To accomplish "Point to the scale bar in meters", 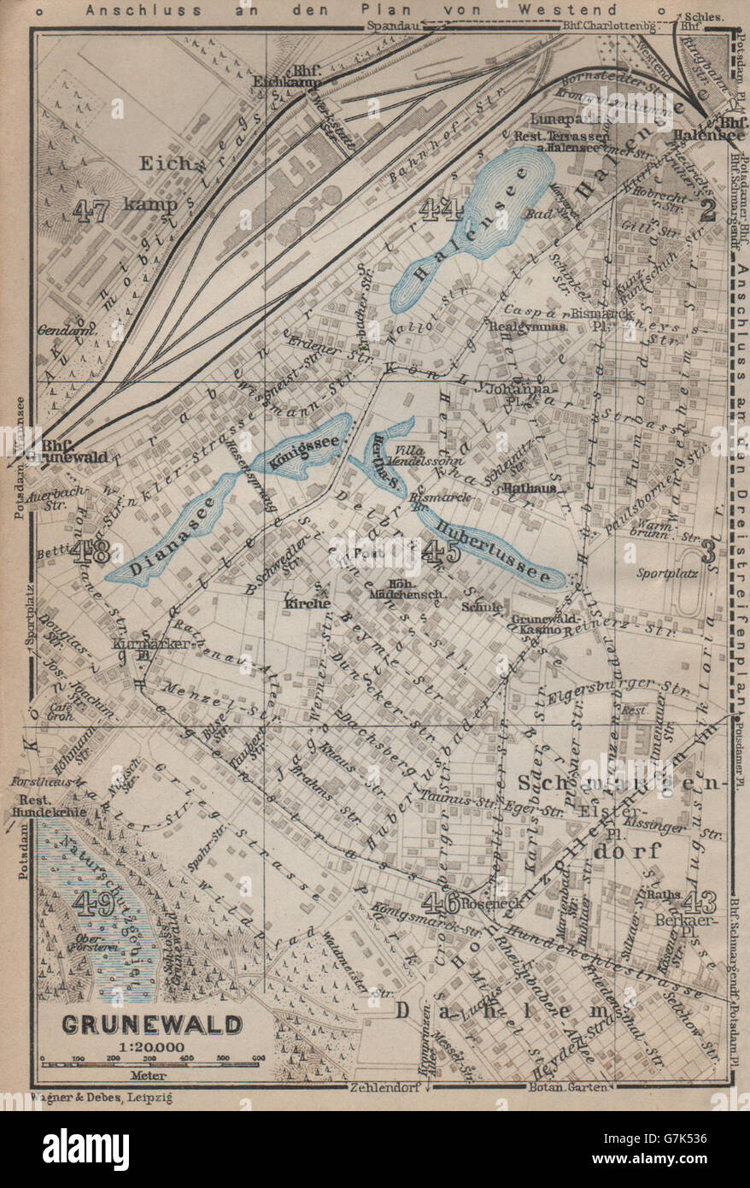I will click(150, 1063).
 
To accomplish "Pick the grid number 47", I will click(91, 210).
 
